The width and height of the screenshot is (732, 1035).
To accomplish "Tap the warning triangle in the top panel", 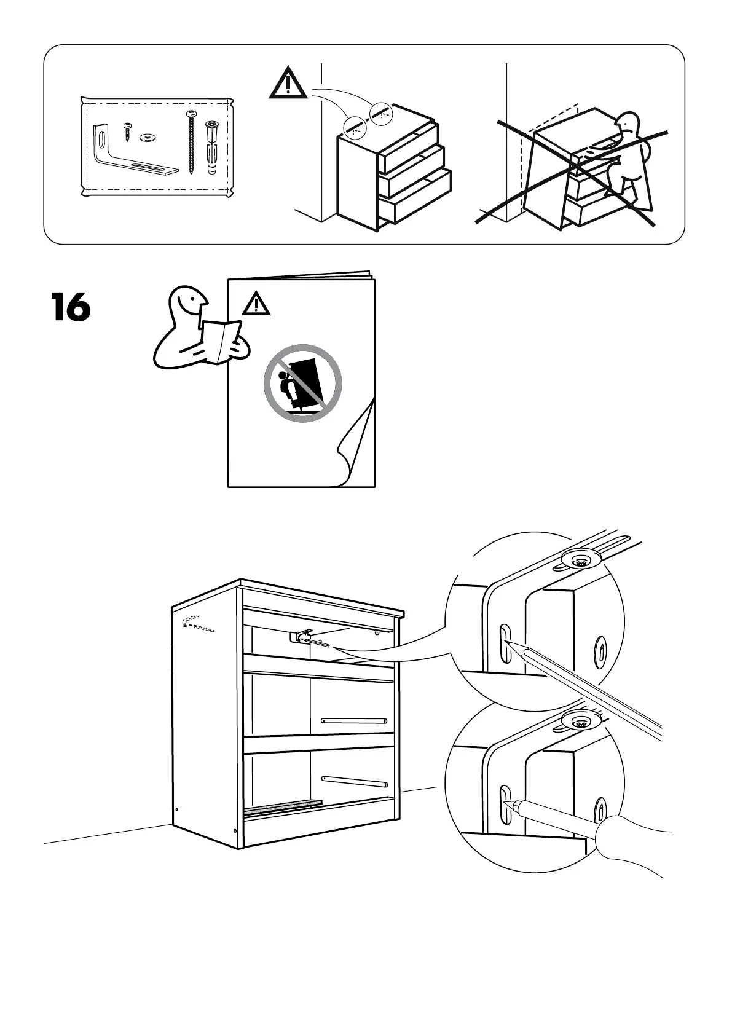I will coord(288,85).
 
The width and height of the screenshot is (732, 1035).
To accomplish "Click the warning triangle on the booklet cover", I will coord(256,304).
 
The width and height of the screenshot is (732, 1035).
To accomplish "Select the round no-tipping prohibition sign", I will coord(302,382).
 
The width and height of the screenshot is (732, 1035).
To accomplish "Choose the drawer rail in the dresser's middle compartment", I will coord(354,720).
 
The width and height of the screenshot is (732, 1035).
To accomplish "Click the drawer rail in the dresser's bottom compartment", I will coord(354,781).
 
